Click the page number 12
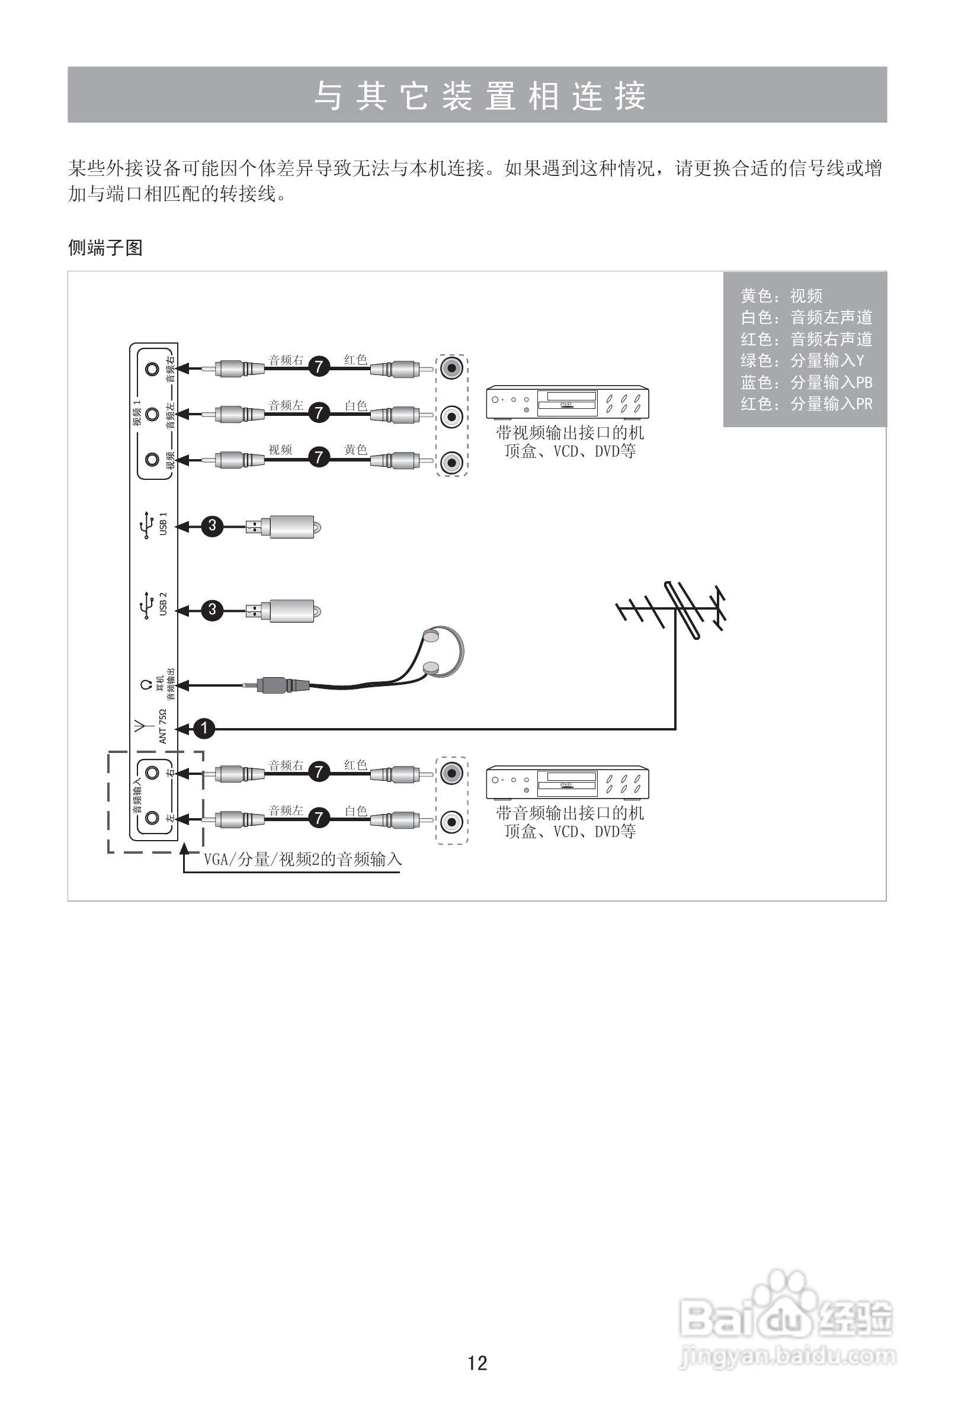477,1363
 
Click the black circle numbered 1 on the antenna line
204,728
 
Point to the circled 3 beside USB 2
211,609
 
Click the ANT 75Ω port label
162,726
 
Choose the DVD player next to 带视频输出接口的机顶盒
568,402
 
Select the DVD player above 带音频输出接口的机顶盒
568,783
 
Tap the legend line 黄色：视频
781,296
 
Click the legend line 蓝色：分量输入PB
806,382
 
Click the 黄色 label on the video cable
355,450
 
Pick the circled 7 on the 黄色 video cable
319,457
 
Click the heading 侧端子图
105,248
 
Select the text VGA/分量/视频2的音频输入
303,860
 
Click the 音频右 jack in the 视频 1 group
152,369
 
